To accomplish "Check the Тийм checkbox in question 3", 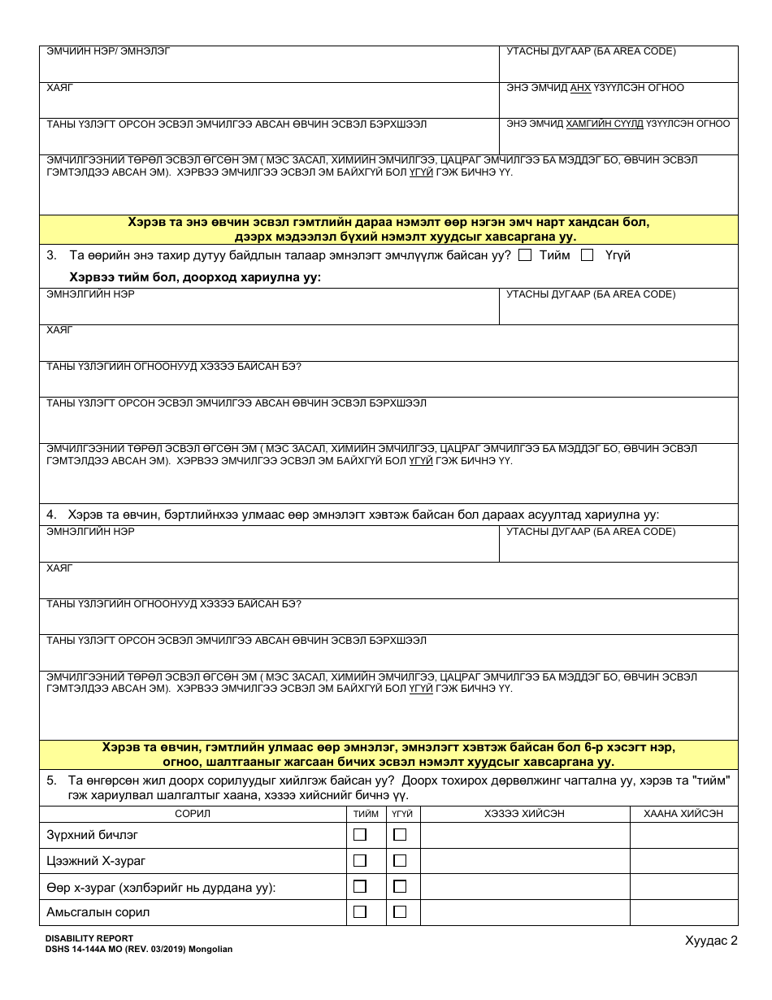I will click(x=525, y=255).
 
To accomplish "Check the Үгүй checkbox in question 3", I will click(x=587, y=255).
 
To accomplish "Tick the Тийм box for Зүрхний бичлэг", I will click(x=360, y=834).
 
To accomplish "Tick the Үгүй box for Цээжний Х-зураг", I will click(x=400, y=860).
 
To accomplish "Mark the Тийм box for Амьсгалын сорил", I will click(x=360, y=912).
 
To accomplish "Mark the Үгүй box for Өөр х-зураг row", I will click(x=400, y=886).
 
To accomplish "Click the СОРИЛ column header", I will click(x=193, y=814).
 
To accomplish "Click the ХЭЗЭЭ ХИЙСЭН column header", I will click(x=524, y=814).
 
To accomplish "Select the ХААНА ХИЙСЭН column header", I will click(x=683, y=814).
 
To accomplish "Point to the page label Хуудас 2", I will click(x=711, y=941).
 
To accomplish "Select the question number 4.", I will click(x=51, y=515).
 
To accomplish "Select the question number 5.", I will click(x=51, y=780).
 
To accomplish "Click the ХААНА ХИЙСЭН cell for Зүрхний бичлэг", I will click(x=683, y=835).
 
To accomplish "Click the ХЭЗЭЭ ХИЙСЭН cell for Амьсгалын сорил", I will click(x=524, y=912).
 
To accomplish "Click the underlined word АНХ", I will click(x=580, y=88).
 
